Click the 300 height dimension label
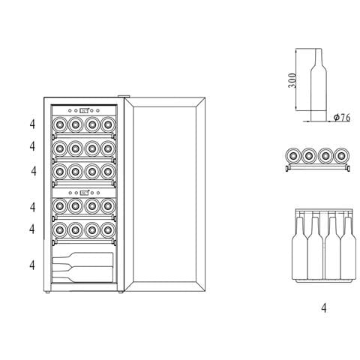pyautogui.click(x=292, y=80)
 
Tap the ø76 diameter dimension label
pyautogui.click(x=342, y=117)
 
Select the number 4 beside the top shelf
pyautogui.click(x=32, y=124)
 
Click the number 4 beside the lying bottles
pyautogui.click(x=32, y=265)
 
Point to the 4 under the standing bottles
pyautogui.click(x=324, y=308)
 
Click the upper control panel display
pyautogui.click(x=84, y=110)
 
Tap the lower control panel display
pyautogui.click(x=85, y=193)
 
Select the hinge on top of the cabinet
pyautogui.click(x=124, y=96)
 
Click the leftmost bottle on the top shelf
pyautogui.click(x=60, y=124)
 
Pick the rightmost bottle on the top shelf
pyautogui.click(x=108, y=124)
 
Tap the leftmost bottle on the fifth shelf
pyautogui.click(x=60, y=229)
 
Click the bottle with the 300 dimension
pyautogui.click(x=319, y=85)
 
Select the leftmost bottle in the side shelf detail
pyautogui.click(x=293, y=156)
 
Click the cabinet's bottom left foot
pyautogui.click(x=47, y=292)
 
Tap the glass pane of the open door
pyautogui.click(x=164, y=193)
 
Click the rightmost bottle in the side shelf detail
pyautogui.click(x=341, y=156)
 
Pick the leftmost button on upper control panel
pyautogui.click(x=70, y=110)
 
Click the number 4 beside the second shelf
pyautogui.click(x=32, y=146)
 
